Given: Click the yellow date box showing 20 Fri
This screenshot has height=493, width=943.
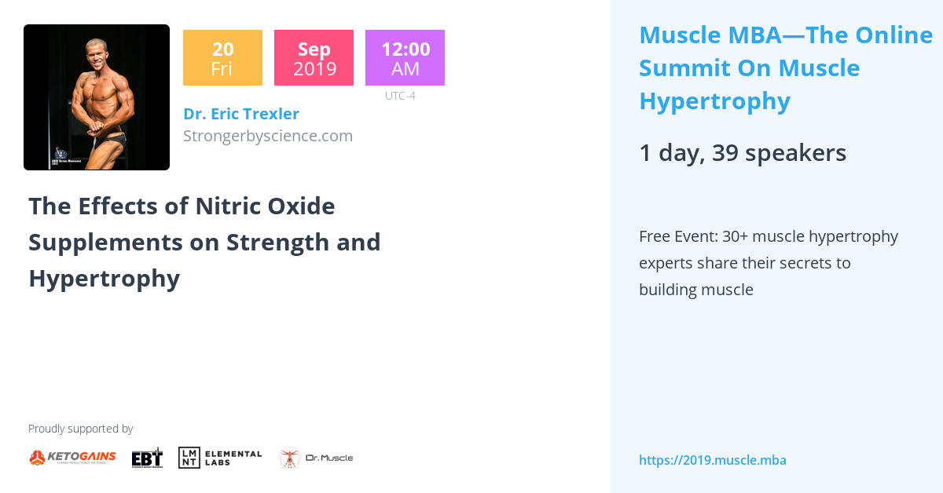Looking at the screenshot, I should point(222,58).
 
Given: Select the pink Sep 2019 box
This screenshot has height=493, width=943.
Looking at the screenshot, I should point(314,58).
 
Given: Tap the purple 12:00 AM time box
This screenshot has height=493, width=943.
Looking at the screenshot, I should point(405,58).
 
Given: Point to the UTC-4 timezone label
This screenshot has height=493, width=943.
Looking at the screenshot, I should point(400,96).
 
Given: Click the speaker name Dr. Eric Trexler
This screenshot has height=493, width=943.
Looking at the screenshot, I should point(240,114).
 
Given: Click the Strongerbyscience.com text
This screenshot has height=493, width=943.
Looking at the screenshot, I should point(267,136).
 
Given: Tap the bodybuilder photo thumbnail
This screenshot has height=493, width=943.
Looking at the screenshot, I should point(97,97).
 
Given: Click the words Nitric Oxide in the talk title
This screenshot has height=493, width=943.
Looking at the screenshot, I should point(265,206).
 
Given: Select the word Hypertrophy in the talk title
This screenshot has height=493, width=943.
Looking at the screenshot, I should point(104,278).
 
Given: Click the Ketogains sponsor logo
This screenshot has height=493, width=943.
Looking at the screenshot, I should point(72,457).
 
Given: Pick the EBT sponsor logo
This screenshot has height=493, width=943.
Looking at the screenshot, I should point(147,457).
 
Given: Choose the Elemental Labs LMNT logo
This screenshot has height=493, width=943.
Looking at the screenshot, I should point(220,457).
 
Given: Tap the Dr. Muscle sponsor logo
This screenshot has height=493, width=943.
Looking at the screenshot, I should point(317,458).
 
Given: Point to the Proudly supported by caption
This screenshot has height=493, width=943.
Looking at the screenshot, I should point(80,429).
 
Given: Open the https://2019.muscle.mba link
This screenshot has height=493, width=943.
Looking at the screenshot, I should point(712,460).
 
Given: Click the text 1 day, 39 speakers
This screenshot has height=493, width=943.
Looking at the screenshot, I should point(742,153).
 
